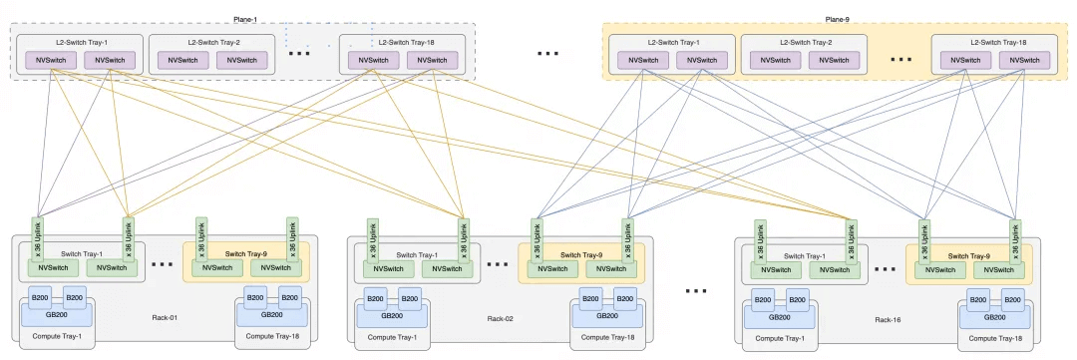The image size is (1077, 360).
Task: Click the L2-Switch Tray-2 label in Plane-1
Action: pos(213,43)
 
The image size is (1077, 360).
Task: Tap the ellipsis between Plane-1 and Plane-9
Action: pos(547,53)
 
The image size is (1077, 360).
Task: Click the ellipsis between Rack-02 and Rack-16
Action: pos(696,290)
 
